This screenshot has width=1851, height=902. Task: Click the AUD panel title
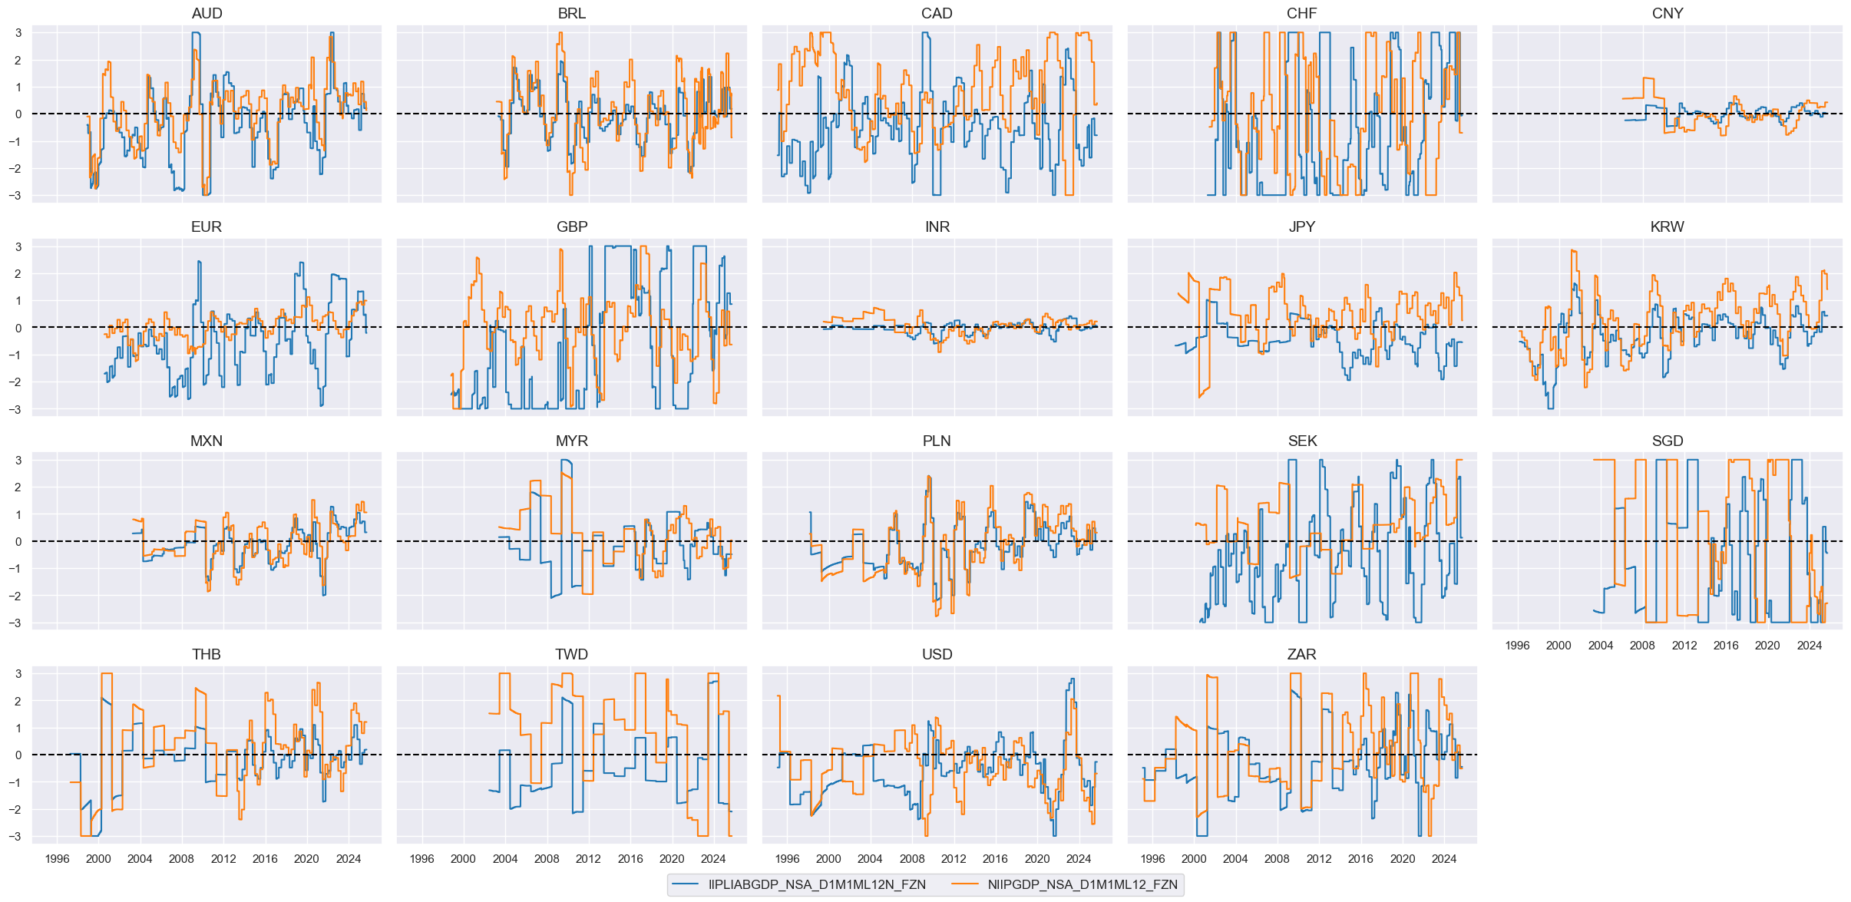click(207, 13)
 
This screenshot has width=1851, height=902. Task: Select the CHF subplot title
click(1301, 13)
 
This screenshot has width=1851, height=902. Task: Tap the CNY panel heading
click(1667, 13)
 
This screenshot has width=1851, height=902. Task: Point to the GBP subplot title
click(572, 226)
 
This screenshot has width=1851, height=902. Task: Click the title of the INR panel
click(937, 226)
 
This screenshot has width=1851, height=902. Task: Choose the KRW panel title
click(1667, 226)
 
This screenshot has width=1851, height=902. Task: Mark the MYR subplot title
click(572, 441)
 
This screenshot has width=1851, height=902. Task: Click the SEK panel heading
click(1302, 441)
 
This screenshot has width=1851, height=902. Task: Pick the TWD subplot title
click(572, 654)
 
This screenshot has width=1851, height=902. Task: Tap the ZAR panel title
click(1301, 654)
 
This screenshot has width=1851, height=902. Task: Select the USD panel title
click(937, 654)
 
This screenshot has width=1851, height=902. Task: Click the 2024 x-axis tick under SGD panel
click(1809, 645)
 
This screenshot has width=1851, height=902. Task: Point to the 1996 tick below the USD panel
click(787, 858)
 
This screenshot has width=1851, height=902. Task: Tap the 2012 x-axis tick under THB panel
click(223, 858)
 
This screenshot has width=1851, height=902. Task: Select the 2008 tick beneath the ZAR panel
click(1277, 858)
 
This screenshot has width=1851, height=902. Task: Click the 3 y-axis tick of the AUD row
click(18, 33)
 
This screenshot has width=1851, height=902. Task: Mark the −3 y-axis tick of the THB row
click(16, 836)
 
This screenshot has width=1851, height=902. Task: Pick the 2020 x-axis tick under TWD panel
click(672, 858)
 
